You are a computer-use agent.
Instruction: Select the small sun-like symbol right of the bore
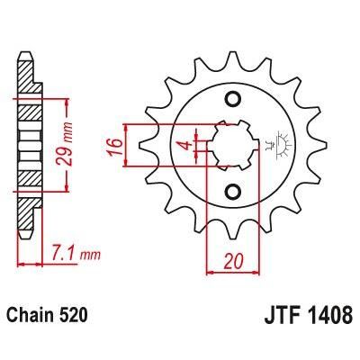(x=273, y=143)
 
